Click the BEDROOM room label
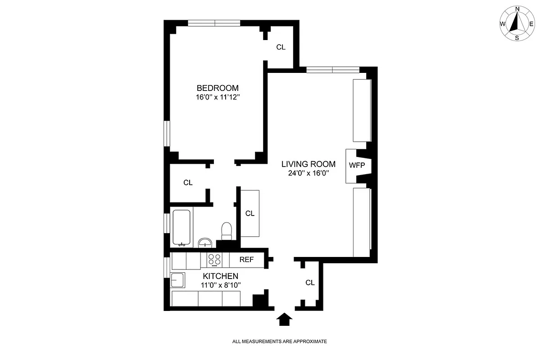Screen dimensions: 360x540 [x=218, y=88]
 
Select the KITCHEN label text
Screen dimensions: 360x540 [x=220, y=276]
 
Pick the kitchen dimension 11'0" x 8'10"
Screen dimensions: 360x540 [x=220, y=284]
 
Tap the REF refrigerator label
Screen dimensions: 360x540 [x=246, y=260]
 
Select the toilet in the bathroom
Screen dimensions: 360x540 [x=226, y=231]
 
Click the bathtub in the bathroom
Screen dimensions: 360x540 [x=182, y=227]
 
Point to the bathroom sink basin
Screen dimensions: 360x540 [x=205, y=243]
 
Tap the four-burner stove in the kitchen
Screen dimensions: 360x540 [x=214, y=260]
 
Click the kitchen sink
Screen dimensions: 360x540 [x=178, y=280]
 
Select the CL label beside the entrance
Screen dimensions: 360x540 [x=310, y=283]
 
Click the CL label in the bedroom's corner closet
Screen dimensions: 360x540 [x=281, y=47]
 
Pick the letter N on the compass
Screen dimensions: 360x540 [x=517, y=9]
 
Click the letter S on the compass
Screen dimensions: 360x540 [x=517, y=38]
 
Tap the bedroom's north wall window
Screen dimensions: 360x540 [x=214, y=23]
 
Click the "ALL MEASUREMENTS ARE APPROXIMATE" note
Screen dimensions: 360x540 [x=279, y=342]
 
